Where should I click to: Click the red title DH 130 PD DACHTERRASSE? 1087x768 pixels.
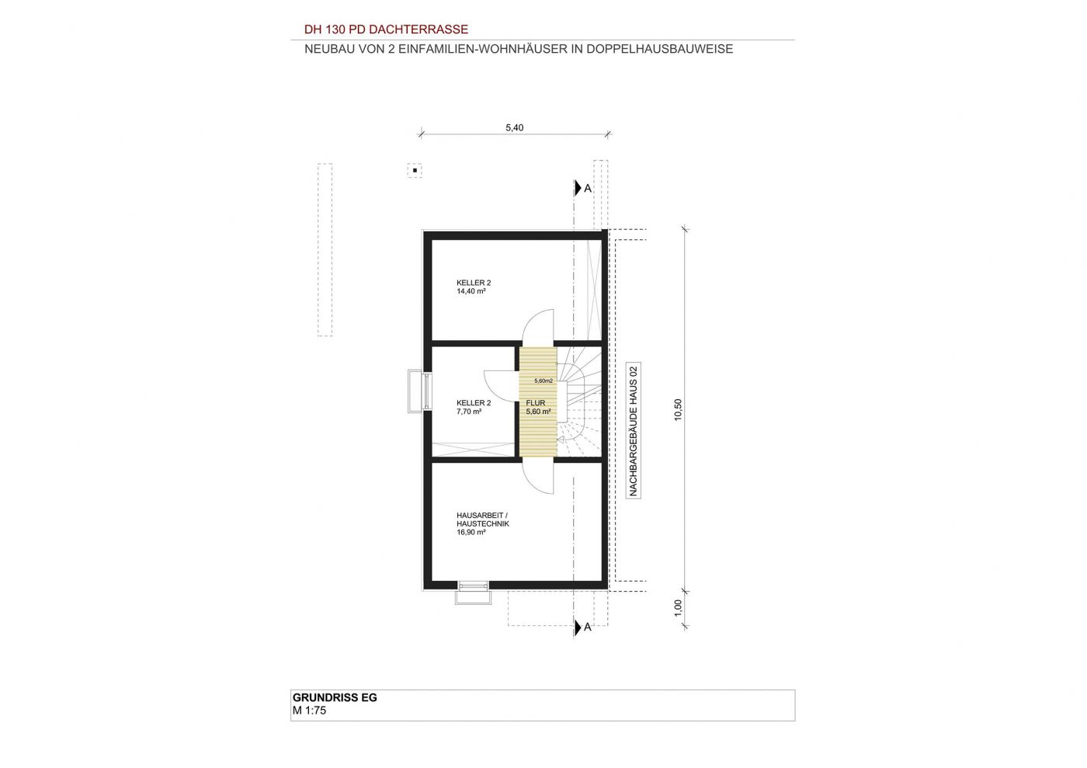386,30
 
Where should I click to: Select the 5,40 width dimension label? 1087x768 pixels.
514,127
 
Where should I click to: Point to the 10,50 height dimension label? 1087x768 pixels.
678,410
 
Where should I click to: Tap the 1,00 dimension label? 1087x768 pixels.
678,608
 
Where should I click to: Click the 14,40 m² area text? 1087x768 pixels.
471,291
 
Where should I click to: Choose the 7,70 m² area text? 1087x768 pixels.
469,412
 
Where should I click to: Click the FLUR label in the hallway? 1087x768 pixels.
536,403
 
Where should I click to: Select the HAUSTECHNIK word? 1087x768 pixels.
483,524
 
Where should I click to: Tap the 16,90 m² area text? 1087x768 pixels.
471,532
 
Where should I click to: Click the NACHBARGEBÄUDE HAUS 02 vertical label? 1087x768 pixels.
633,431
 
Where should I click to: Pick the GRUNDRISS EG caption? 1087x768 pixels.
335,697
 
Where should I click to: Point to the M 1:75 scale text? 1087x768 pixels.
309,711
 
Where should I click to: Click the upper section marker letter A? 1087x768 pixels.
588,189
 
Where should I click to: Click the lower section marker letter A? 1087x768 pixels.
588,627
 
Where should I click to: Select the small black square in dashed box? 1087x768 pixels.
415,170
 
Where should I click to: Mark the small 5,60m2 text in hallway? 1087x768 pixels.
543,381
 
